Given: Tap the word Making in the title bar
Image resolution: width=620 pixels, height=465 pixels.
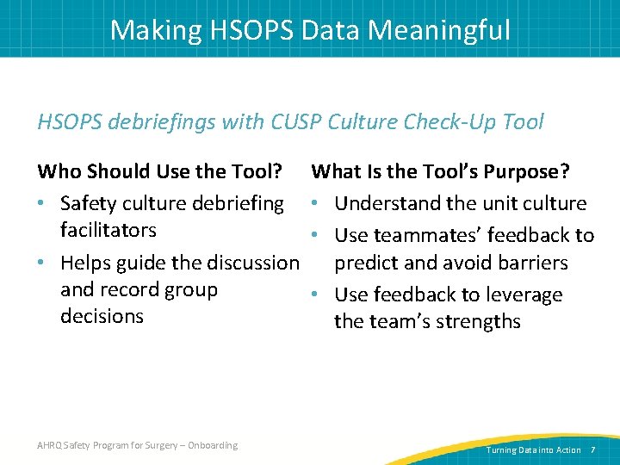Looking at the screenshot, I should pyautogui.click(x=152, y=31).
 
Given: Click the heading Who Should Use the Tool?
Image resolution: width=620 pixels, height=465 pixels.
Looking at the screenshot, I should pyautogui.click(x=161, y=172).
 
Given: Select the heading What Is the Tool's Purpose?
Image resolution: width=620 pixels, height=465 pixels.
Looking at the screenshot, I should pyautogui.click(x=440, y=172).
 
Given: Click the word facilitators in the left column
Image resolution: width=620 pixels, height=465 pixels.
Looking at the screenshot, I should pyautogui.click(x=108, y=230).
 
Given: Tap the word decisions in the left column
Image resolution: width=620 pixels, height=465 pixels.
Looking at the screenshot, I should pyautogui.click(x=102, y=316).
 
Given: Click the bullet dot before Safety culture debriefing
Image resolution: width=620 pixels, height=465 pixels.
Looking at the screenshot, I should pyautogui.click(x=43, y=204).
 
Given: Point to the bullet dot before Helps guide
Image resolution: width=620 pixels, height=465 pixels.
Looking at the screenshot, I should pyautogui.click(x=43, y=263).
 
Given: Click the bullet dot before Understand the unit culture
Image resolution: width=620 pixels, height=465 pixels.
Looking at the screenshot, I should pyautogui.click(x=318, y=204).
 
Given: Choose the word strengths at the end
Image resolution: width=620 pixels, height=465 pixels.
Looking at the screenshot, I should pyautogui.click(x=479, y=321).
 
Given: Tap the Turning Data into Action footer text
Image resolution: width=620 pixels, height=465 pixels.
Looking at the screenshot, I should pyautogui.click(x=534, y=449).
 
